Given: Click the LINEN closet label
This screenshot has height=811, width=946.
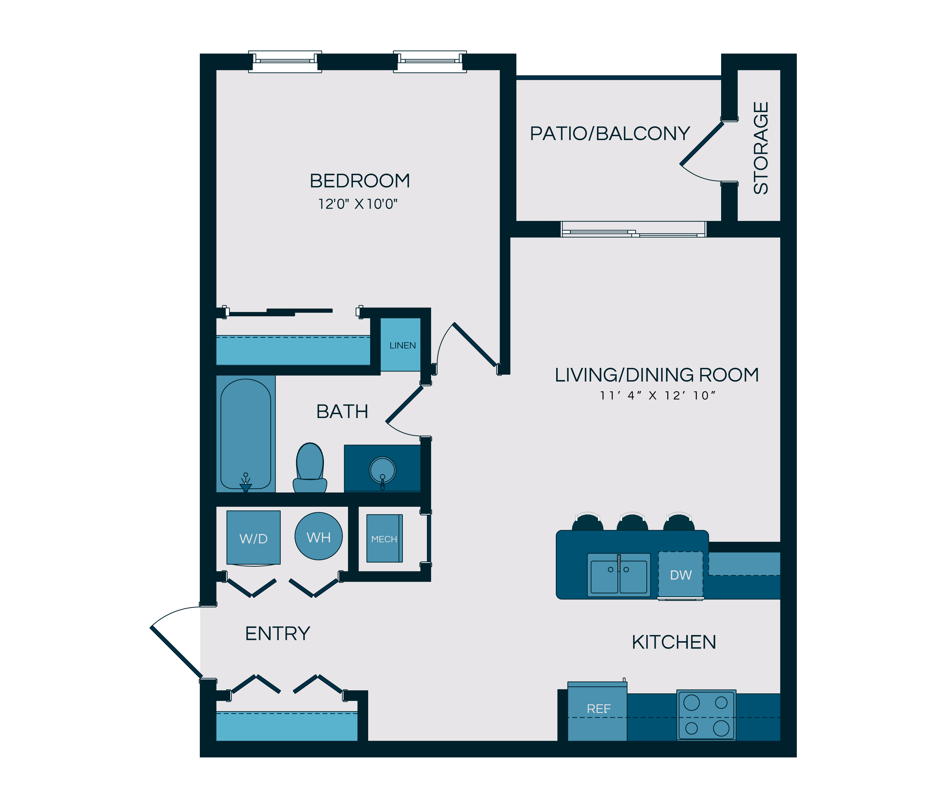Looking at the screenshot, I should tap(402, 345).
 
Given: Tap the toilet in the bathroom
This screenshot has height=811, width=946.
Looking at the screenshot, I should tap(310, 468).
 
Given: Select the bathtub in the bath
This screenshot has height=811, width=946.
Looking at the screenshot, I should tap(246, 434).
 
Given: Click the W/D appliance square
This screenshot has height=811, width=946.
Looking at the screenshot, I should tap(253, 537).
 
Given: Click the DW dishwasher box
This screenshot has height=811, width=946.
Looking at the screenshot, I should tap(680, 575).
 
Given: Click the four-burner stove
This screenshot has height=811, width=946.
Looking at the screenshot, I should tap(706, 715).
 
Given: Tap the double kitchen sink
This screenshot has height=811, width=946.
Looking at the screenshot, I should tap(619, 575).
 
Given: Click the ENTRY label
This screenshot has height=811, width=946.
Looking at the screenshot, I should tap(277, 633).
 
